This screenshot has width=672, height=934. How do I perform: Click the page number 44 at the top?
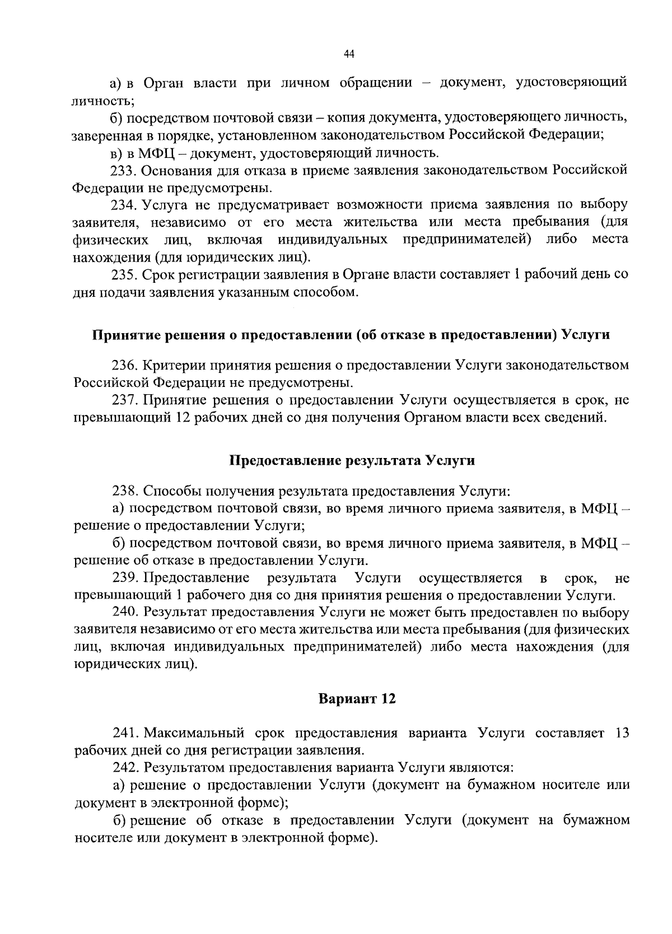pyautogui.click(x=349, y=54)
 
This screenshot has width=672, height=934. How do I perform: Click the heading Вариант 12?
pyautogui.click(x=357, y=699)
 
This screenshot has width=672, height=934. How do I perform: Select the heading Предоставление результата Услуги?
pyautogui.click(x=352, y=461)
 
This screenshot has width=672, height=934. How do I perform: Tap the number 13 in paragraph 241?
pyautogui.click(x=622, y=734)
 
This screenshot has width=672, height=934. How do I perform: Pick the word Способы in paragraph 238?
pyautogui.click(x=172, y=491)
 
